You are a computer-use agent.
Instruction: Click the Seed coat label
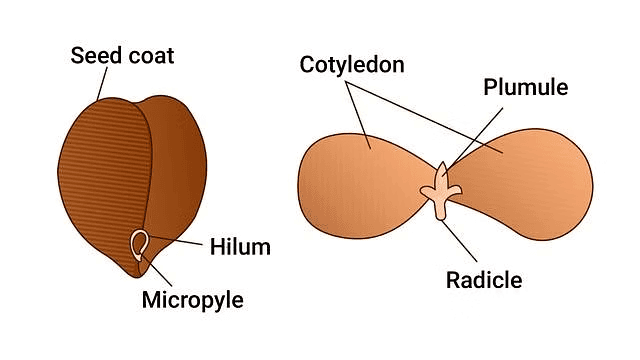coord(122,55)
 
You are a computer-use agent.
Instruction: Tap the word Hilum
coord(240,244)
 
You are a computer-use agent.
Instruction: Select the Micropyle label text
coord(192,299)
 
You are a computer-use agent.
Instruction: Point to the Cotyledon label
coord(351,66)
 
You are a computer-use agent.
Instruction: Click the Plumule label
coord(525,87)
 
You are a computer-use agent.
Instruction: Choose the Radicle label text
coord(484,279)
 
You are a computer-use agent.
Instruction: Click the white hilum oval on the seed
coord(141,242)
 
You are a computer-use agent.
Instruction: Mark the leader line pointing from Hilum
coord(180,242)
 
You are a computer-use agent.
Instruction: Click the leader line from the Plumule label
coord(470,130)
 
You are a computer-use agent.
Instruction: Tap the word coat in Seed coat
coord(149,55)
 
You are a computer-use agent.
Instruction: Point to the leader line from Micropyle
coord(160,274)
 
